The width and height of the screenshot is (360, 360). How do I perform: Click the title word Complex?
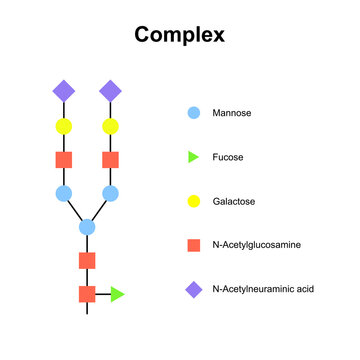pos(180,35)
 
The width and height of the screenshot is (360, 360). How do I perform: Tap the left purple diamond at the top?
pos(63,91)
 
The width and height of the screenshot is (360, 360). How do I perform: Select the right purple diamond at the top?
pos(110,91)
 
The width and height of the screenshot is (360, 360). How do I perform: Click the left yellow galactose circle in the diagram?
pos(63,126)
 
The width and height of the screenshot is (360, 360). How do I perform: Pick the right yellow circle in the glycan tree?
pos(110,126)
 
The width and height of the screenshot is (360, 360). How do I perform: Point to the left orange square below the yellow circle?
pos(63,160)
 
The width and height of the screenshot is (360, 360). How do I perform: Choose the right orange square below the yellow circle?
pos(110,160)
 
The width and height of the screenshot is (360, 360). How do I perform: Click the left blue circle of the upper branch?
pos(63,193)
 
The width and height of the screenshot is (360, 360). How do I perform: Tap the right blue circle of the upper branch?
pos(110,193)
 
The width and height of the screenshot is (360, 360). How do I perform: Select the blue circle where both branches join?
pos(87,227)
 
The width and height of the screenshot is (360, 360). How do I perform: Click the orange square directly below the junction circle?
pos(87,261)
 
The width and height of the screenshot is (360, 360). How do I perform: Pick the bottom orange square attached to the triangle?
pos(87,294)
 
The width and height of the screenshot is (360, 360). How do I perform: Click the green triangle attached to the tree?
pos(118,294)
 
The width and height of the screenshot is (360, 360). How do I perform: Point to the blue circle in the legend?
pos(194,113)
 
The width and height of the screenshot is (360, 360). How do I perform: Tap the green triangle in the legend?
pos(195,157)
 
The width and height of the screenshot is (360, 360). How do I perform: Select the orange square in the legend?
pos(194,245)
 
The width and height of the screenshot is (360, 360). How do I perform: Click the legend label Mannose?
pos(232,113)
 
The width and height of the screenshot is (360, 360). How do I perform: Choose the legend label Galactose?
pos(235,201)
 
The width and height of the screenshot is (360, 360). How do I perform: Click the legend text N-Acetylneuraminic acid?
pos(263,289)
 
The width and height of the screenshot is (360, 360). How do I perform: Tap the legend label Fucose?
pos(229,157)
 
